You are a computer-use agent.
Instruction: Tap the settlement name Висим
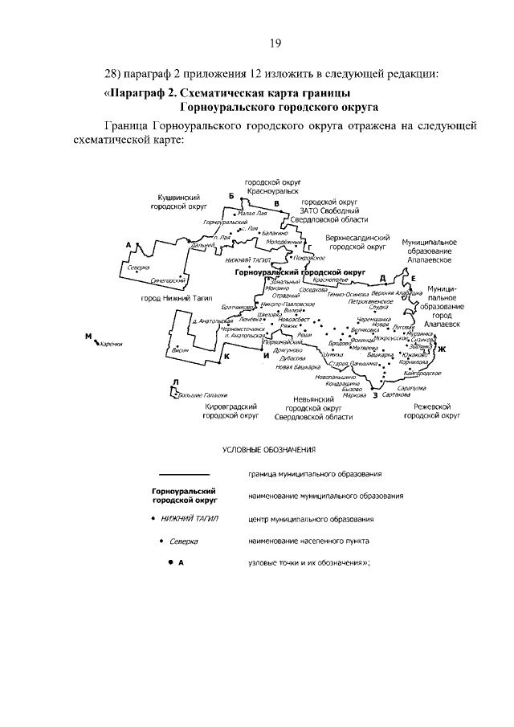pos(181,374)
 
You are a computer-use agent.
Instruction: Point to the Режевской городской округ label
pos(431,412)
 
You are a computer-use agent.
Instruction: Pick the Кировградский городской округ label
pos(230,412)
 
